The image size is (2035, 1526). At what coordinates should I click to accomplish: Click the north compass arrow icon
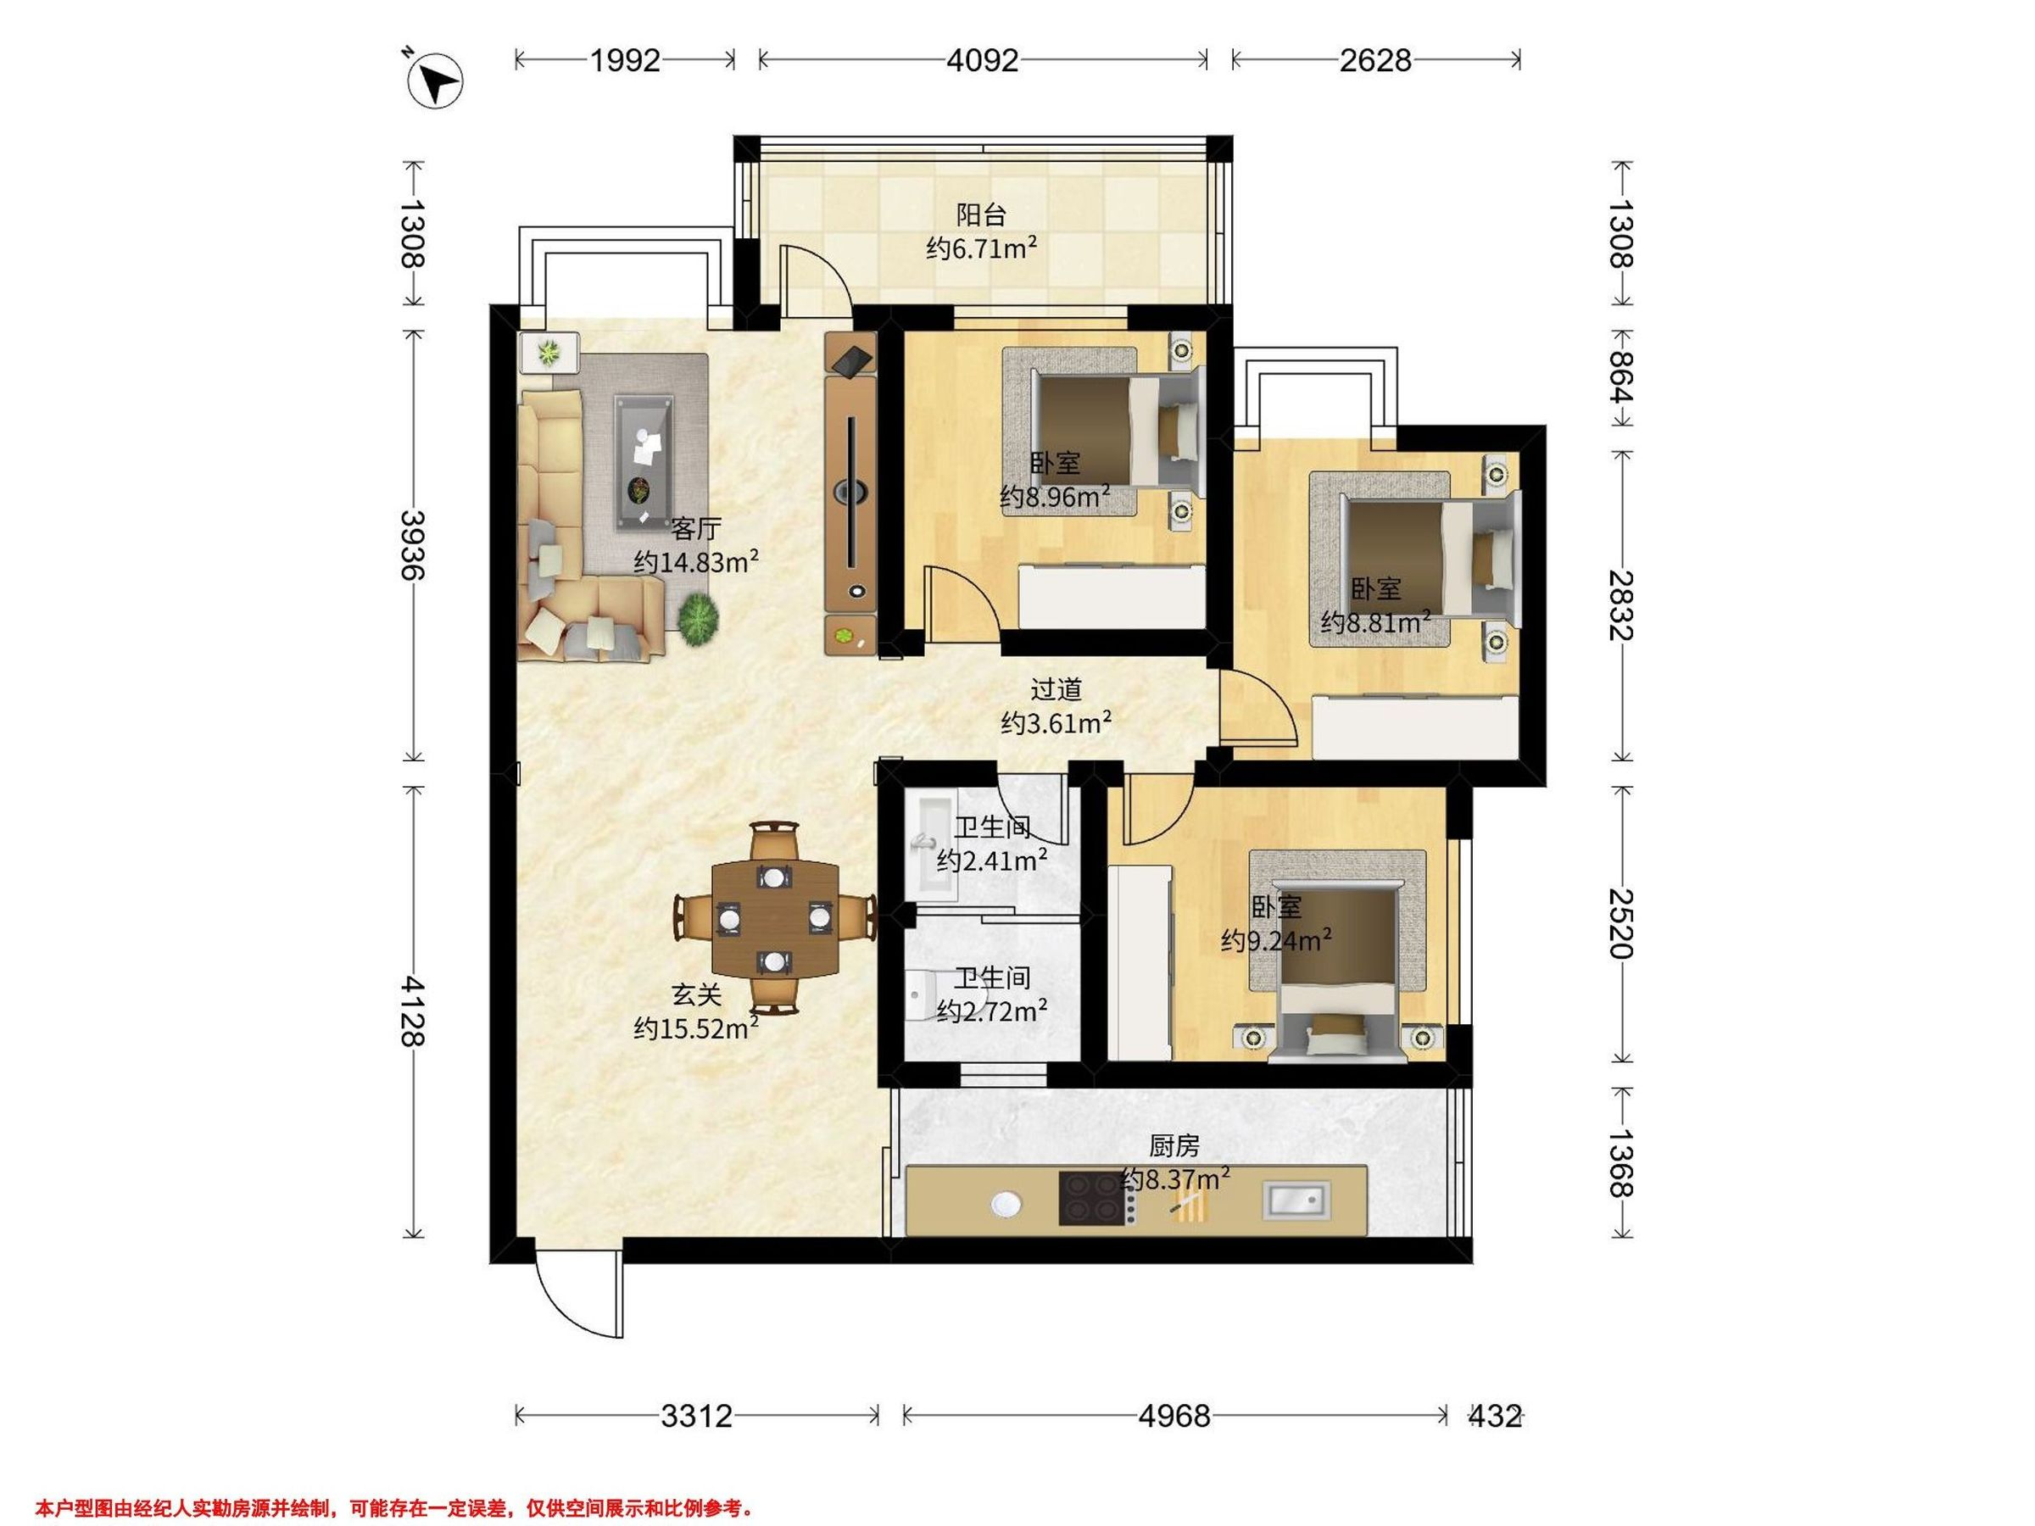[x=435, y=80]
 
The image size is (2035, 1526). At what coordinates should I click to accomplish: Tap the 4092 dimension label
[x=983, y=61]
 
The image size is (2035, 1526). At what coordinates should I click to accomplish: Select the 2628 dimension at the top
[x=1374, y=61]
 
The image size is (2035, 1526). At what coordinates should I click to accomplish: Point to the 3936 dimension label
[x=413, y=544]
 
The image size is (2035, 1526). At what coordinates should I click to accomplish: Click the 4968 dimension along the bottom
[x=1174, y=1416]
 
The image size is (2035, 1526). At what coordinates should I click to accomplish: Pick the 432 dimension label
[x=1494, y=1416]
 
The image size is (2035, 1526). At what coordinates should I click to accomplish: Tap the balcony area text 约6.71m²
[x=982, y=248]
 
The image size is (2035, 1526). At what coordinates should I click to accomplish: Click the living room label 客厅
[x=695, y=529]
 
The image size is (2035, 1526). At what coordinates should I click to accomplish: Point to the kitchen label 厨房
[x=1175, y=1146]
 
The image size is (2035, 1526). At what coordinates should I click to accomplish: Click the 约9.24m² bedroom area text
[x=1277, y=940]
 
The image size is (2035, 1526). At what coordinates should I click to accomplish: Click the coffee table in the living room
[x=644, y=462]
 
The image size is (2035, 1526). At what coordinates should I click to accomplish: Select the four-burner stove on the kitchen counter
[x=1095, y=1198]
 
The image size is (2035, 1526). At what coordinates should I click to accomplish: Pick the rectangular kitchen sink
[x=1296, y=1199]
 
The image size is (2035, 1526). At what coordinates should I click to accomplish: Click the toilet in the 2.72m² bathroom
[x=921, y=995]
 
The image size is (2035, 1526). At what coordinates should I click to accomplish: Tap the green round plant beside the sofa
[x=699, y=615]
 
